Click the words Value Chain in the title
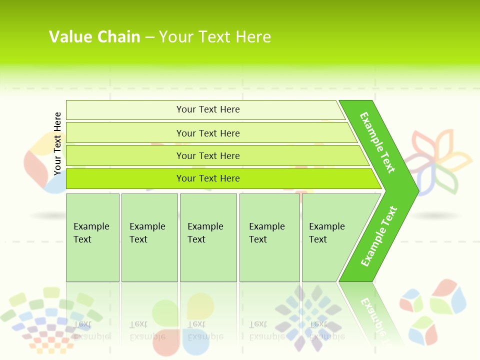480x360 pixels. [x=94, y=37]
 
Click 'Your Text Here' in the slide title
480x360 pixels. [x=215, y=37]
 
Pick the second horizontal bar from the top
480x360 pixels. [x=207, y=133]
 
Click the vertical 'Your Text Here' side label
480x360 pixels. [x=57, y=143]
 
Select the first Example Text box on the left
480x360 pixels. [x=92, y=237]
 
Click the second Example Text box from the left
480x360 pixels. [x=149, y=237]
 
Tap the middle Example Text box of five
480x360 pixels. [x=208, y=237]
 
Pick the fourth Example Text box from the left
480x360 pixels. [x=269, y=237]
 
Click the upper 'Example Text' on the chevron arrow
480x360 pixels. [x=377, y=142]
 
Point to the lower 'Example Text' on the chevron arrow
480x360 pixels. [x=378, y=236]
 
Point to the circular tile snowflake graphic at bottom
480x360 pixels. [x=309, y=318]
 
